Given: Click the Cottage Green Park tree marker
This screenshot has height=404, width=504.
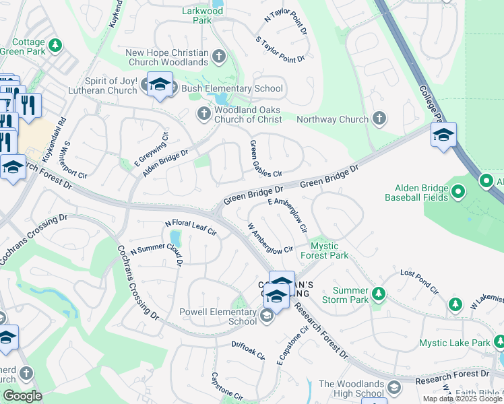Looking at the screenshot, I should tap(55, 45).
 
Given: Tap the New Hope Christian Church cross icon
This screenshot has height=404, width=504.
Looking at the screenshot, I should tap(219, 57).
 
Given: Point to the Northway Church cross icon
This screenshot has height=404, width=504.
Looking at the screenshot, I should tap(379, 119).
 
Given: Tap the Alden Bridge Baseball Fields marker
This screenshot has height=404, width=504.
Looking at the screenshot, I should tap(458, 193).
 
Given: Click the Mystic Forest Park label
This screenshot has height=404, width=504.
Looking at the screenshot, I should tap(329, 250).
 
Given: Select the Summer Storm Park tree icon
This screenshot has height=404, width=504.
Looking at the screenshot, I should tap(379, 294).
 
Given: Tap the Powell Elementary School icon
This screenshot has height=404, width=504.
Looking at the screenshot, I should tap(267, 316).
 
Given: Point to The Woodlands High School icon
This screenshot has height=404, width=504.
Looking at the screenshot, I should tap(393, 387).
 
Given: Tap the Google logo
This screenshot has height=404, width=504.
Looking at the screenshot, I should tap(22, 396).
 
